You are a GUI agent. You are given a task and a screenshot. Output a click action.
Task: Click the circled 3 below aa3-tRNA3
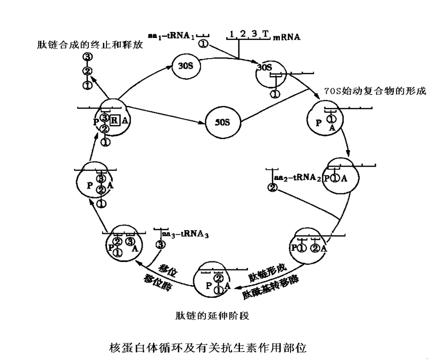pos(161,245)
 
